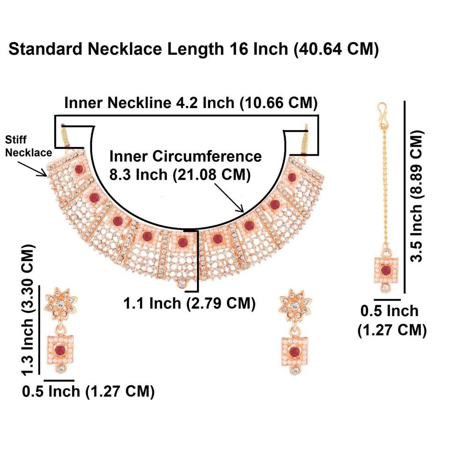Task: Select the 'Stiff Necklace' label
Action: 23,145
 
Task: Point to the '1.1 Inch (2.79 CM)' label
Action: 189,303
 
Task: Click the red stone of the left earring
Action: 60,351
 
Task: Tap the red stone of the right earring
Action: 294,351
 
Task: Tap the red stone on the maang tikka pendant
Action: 385,270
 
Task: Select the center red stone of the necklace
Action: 182,242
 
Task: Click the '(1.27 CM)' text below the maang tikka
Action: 392,330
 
